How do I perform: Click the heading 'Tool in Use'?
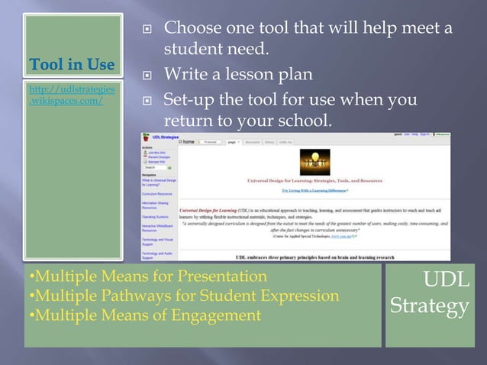(x=73, y=63)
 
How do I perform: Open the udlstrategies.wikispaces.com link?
(x=73, y=95)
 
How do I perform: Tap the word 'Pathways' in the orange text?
(x=137, y=296)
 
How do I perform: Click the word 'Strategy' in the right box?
(x=429, y=306)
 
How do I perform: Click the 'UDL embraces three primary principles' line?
(x=308, y=258)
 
